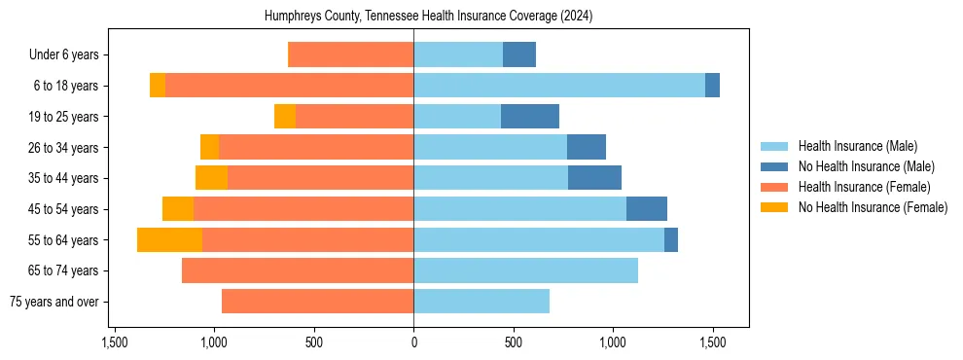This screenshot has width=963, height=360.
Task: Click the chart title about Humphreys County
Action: click(429, 17)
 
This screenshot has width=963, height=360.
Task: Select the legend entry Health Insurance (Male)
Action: click(857, 146)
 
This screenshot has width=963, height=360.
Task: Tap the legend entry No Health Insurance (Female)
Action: click(873, 207)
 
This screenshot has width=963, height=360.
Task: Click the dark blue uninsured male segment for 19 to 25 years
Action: click(530, 117)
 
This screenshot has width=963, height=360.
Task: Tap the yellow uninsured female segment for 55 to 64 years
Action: click(169, 239)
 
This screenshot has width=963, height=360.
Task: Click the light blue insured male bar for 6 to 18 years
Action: click(559, 86)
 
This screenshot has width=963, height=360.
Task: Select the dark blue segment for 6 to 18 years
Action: click(712, 86)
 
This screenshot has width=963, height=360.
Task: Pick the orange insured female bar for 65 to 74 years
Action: click(298, 270)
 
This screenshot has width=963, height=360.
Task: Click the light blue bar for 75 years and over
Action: click(481, 302)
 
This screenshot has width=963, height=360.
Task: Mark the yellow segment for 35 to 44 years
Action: click(211, 178)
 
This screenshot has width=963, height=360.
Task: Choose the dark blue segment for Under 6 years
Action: click(519, 54)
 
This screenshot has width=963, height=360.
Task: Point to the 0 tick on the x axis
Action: click(413, 342)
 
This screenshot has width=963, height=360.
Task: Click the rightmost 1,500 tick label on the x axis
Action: click(712, 342)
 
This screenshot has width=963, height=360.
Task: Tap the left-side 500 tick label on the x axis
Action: click(313, 342)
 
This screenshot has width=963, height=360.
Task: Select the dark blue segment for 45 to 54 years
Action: click(647, 209)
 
